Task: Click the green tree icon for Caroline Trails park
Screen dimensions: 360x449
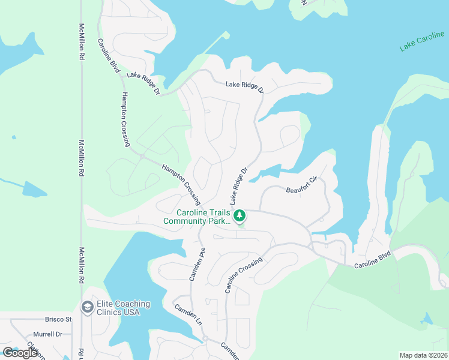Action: click(x=240, y=215)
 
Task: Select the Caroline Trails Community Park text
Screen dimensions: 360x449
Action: click(x=196, y=217)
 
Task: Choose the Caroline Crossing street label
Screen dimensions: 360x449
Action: click(x=244, y=275)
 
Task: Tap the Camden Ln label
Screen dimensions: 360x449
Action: click(x=188, y=314)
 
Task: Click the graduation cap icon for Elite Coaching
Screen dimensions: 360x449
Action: click(x=88, y=308)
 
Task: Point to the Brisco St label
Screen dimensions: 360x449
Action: click(x=58, y=319)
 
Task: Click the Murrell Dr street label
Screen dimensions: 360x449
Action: click(x=48, y=334)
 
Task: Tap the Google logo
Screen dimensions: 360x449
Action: click(x=20, y=353)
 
